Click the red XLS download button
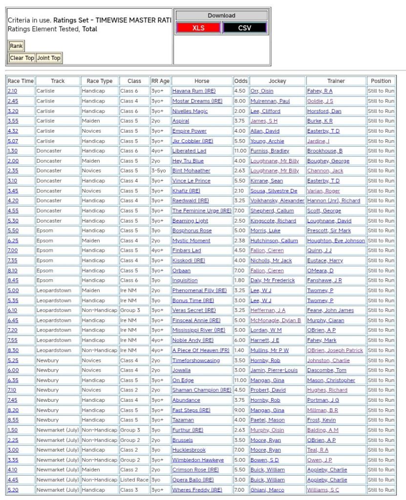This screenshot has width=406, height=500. tap(198, 28)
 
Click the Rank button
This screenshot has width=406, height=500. tap(16, 46)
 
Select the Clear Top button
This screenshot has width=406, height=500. tap(22, 58)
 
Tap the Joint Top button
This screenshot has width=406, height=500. tap(49, 58)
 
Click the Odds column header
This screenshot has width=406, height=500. tap(241, 81)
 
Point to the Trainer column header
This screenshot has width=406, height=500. tap(336, 81)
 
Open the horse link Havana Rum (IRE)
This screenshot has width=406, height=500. tap(193, 91)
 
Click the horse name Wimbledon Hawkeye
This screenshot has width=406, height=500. tap(198, 460)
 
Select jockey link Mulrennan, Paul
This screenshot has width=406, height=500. tap(270, 101)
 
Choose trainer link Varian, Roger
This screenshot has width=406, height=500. tap(323, 191)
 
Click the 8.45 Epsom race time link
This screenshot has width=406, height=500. tap(13, 280)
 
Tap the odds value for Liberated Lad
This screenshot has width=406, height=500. tap(240, 151)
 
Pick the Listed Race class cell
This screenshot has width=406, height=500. tap(134, 480)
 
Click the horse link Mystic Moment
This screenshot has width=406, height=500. tap(191, 241)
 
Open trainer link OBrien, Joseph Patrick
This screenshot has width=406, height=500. tap(335, 350)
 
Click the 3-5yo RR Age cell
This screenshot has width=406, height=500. tap(160, 171)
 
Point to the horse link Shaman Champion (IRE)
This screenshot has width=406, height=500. tap(201, 390)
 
